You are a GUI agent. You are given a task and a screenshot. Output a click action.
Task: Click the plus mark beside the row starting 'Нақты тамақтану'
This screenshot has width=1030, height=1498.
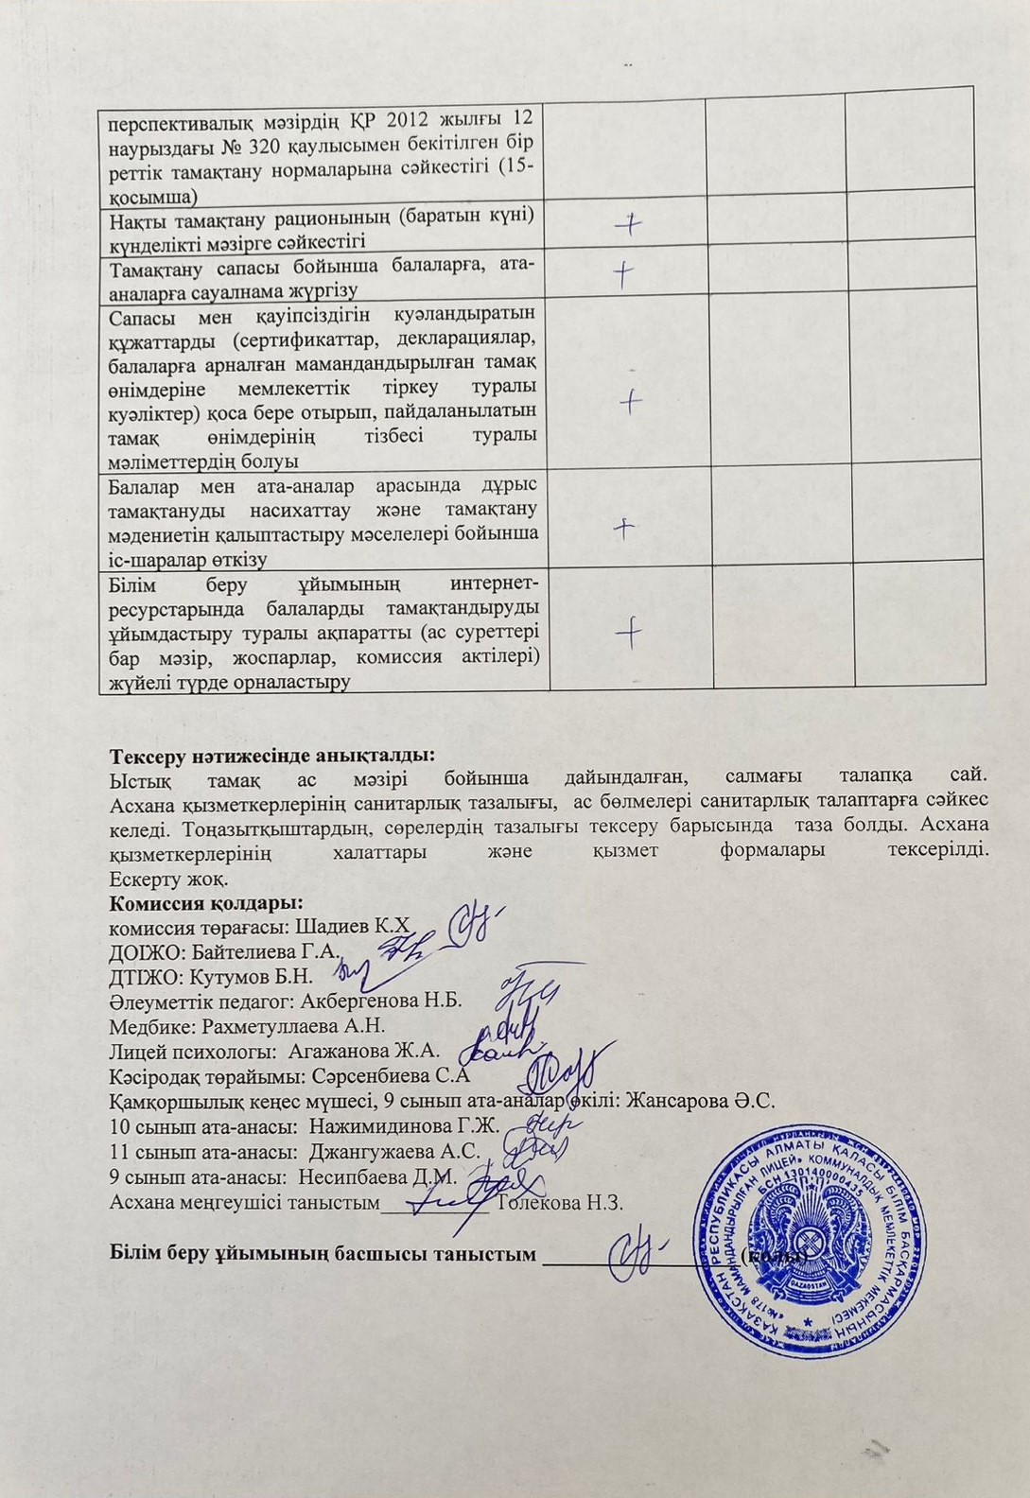coord(627,223)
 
